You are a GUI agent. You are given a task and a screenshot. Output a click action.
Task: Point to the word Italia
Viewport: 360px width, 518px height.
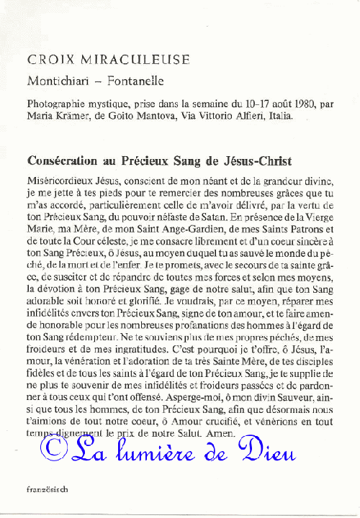280,115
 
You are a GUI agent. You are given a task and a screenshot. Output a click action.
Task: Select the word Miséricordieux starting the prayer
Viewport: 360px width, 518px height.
60,182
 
